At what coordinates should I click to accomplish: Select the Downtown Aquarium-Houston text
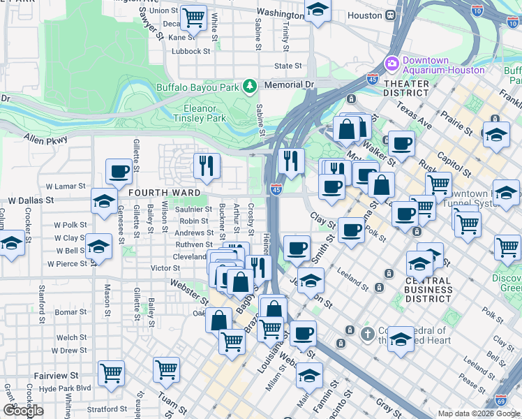coord(442,65)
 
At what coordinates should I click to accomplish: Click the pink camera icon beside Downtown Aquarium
coord(391,64)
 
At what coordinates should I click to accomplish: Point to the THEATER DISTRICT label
coord(406,88)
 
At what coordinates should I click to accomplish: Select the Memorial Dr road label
coord(290,84)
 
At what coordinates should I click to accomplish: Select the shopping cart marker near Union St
coord(193,15)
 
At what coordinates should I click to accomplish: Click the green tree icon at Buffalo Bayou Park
coord(249,86)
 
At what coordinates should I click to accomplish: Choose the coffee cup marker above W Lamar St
coord(119,170)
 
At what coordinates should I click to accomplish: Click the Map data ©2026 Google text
coord(478,413)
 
